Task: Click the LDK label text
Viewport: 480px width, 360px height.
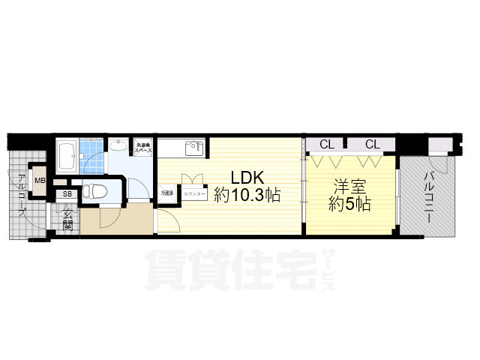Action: click(x=246, y=178)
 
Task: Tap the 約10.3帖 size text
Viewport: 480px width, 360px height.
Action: click(x=247, y=196)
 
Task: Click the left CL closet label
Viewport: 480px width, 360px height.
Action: click(x=327, y=144)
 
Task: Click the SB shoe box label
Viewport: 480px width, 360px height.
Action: click(x=67, y=194)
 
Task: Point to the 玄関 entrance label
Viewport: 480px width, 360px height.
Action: click(x=67, y=220)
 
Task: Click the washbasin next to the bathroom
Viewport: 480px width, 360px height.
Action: click(x=118, y=146)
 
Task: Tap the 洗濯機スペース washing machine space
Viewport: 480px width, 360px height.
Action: click(x=144, y=147)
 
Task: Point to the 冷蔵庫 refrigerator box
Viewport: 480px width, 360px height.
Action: click(x=166, y=193)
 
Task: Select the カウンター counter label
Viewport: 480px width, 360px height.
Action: click(x=194, y=193)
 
